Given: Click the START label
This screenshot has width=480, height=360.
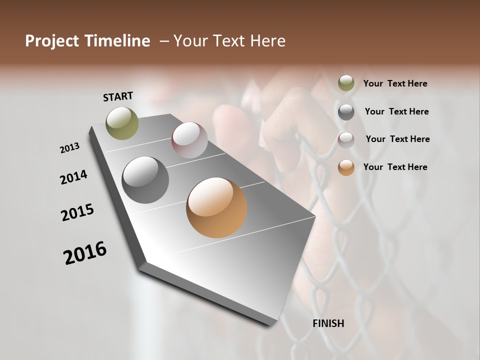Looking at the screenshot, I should pyautogui.click(x=118, y=96).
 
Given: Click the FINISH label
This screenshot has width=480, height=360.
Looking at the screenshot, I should pyautogui.click(x=328, y=323).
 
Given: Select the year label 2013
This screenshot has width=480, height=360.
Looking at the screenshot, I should pyautogui.click(x=69, y=148).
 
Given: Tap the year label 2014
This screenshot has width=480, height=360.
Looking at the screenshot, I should pyautogui.click(x=73, y=177).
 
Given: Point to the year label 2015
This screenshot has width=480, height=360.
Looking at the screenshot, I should pyautogui.click(x=77, y=212).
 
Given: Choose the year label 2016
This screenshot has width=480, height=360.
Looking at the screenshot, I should pyautogui.click(x=85, y=253).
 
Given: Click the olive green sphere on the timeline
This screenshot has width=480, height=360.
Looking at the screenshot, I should pyautogui.click(x=122, y=123).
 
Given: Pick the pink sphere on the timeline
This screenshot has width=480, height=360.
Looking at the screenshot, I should pyautogui.click(x=189, y=139).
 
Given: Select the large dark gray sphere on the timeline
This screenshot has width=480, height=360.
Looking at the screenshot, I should pyautogui.click(x=145, y=180).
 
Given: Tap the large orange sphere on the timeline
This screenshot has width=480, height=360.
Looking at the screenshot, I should pyautogui.click(x=216, y=207).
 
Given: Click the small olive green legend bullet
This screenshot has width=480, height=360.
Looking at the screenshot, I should pyautogui.click(x=346, y=83).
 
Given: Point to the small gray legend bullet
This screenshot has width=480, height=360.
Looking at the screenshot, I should pyautogui.click(x=346, y=111).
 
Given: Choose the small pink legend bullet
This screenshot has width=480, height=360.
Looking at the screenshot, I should pyautogui.click(x=346, y=139).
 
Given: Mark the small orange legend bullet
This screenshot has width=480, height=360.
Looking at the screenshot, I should pyautogui.click(x=346, y=167).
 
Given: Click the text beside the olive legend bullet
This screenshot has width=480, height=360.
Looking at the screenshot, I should pyautogui.click(x=395, y=83).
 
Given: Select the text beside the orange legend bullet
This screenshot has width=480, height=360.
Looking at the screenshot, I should pyautogui.click(x=395, y=167).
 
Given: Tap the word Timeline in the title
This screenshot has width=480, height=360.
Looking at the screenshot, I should pyautogui.click(x=118, y=41).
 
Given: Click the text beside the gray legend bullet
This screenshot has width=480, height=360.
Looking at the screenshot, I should pyautogui.click(x=396, y=111).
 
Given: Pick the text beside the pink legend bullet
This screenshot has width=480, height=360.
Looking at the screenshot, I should pyautogui.click(x=397, y=139).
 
